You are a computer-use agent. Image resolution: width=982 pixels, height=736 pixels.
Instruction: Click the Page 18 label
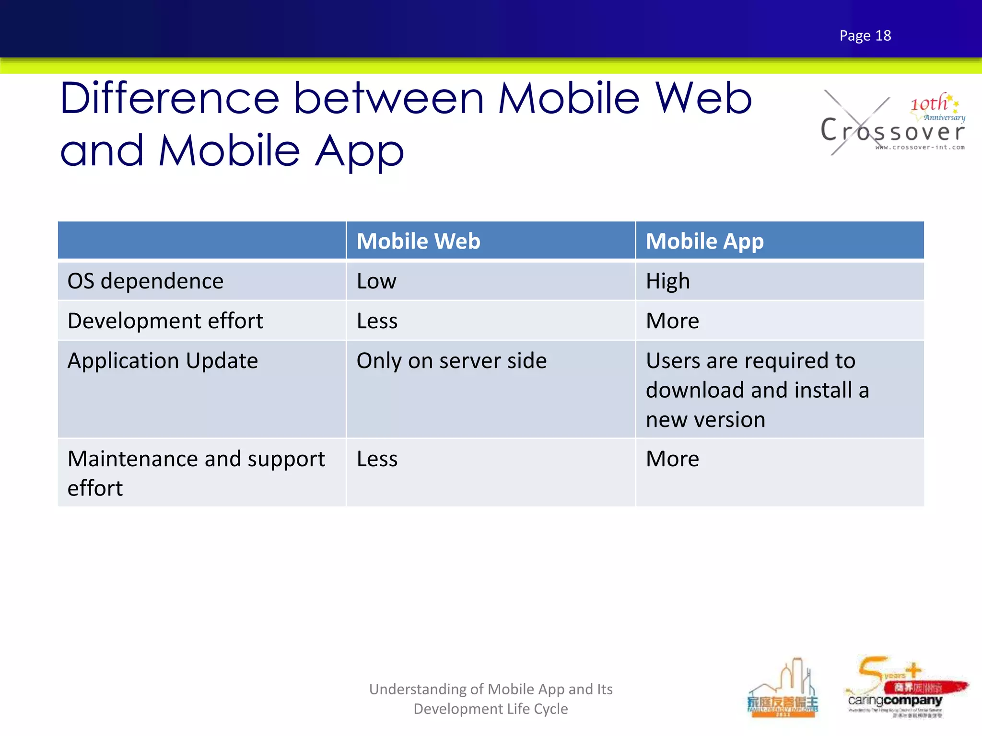pos(865,35)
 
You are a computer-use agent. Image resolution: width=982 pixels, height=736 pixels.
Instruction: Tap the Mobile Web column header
pos(418,241)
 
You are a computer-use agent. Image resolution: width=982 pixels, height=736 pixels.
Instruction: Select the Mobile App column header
pos(704,241)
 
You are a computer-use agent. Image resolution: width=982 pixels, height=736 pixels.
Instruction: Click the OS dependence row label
pos(145,281)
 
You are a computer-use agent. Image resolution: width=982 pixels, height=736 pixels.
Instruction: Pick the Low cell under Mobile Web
pos(376,281)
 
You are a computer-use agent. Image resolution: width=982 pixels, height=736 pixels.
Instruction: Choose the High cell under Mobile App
pos(667,281)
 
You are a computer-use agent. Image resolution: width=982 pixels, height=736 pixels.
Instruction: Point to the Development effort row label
pos(165,321)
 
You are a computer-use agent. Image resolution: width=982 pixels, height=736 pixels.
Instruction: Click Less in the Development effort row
pos(377,321)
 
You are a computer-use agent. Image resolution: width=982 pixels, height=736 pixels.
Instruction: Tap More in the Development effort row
pos(672,321)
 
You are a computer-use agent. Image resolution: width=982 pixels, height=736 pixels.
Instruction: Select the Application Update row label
pos(163,361)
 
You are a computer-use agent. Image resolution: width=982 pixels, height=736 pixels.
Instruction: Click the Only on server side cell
pos(451,361)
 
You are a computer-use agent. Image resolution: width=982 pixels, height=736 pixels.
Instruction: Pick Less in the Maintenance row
pos(377,459)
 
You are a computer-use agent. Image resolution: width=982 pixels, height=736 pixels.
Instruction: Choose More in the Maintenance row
pos(672,459)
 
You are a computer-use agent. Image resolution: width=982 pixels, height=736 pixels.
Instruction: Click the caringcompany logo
pos(895,700)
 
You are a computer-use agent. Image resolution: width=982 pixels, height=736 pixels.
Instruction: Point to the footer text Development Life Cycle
pos(491,709)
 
